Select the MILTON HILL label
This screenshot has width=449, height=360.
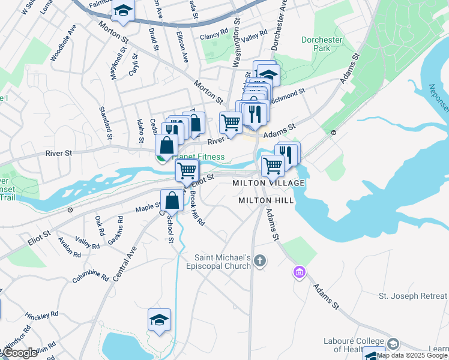click(x=266, y=200)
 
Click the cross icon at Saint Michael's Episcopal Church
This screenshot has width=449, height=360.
click(x=259, y=260)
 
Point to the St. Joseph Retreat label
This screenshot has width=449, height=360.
click(x=412, y=296)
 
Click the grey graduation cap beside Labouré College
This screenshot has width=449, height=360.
click(x=393, y=344)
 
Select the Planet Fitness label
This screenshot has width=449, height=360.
click(x=198, y=157)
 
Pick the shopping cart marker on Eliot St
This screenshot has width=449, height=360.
click(x=187, y=170)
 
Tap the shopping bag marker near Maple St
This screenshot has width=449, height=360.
click(x=172, y=200)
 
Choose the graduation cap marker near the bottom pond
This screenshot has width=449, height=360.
click(x=159, y=320)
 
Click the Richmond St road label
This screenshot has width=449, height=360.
click(x=288, y=95)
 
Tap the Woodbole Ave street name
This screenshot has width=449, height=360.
click(x=64, y=43)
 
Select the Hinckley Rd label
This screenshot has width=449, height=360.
click(x=46, y=314)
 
